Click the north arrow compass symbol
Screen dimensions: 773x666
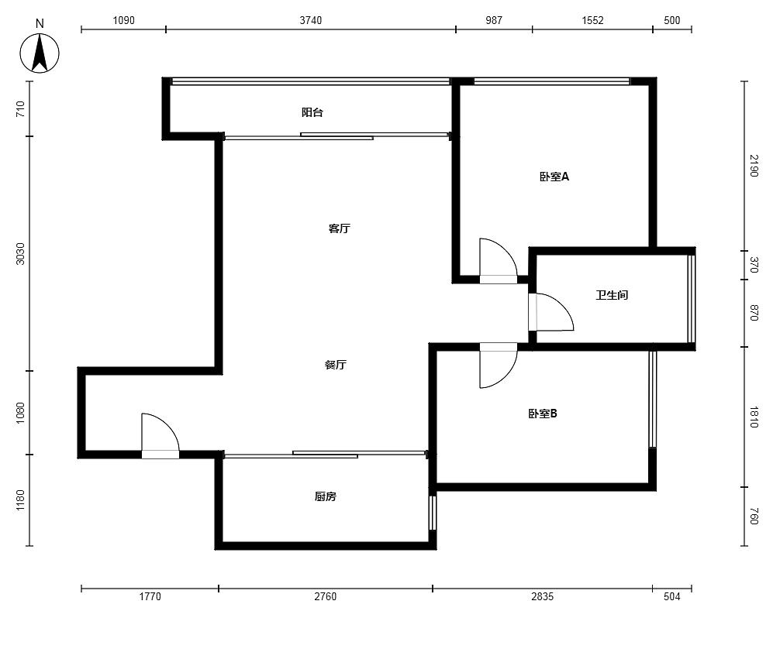(x=40, y=53)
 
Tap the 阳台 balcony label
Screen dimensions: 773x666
(x=312, y=112)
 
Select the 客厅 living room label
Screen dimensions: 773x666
(x=339, y=228)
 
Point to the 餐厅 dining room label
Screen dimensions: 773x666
(x=335, y=365)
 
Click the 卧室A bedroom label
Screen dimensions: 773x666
(x=554, y=177)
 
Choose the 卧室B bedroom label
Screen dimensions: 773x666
(x=542, y=414)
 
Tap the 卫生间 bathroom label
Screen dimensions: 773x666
(x=612, y=295)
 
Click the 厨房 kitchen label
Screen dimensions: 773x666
(x=326, y=496)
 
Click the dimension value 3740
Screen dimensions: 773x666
(x=311, y=20)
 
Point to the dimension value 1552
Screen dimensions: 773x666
(x=592, y=20)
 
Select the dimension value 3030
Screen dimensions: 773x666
(x=20, y=253)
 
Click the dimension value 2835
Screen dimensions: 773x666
(x=542, y=596)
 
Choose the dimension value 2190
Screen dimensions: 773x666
(x=754, y=166)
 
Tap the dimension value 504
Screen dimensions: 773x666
(x=672, y=596)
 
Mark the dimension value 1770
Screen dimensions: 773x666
(x=150, y=596)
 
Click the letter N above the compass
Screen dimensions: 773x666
(x=40, y=23)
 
